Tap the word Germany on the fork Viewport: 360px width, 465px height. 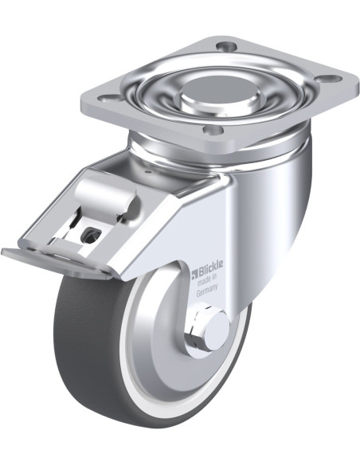pos(207,290)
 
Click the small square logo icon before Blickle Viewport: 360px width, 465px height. pos(194,275)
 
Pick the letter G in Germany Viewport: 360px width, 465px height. pos(198,293)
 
